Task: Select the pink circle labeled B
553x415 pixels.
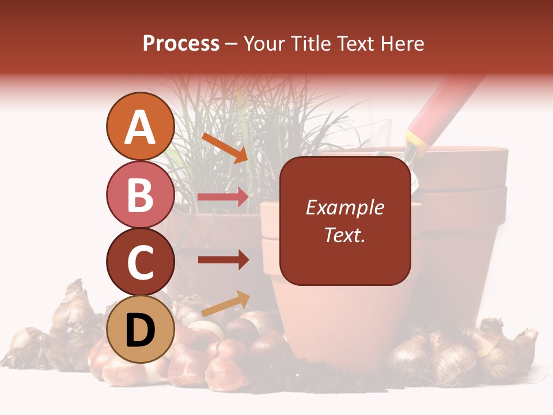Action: point(141,194)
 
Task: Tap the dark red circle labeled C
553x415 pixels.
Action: point(141,262)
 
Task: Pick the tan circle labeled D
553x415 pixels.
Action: point(141,330)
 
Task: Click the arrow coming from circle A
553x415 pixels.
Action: point(224,147)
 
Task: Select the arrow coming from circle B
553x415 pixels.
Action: point(223,197)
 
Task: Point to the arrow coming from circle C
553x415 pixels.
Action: point(223,260)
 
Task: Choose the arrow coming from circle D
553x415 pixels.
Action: point(225,304)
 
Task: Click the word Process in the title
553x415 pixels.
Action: point(181,43)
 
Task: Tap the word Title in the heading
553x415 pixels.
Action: point(312,43)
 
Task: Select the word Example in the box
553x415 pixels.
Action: point(344,207)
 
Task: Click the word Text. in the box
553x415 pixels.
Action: point(344,235)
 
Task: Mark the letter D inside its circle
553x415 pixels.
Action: point(141,330)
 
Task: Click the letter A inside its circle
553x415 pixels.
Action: point(141,127)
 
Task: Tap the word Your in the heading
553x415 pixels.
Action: point(266,43)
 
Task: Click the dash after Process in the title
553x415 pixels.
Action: point(232,44)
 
